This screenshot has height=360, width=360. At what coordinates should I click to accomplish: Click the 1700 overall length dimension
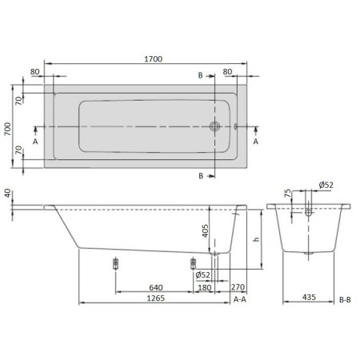click(154, 59)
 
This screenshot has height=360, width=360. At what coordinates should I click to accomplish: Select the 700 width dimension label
click(8, 129)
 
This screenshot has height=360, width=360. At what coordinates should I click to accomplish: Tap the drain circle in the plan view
click(214, 126)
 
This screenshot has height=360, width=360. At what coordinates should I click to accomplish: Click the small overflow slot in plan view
click(235, 126)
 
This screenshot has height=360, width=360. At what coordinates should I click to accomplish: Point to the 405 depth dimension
click(205, 231)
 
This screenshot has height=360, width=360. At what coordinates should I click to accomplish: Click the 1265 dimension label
click(156, 298)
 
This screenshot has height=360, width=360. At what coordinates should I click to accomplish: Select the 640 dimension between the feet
click(156, 287)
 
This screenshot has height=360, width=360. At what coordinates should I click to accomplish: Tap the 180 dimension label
click(205, 288)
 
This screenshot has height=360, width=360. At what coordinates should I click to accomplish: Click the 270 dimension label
click(238, 287)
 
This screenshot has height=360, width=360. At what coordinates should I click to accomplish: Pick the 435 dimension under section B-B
click(309, 297)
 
